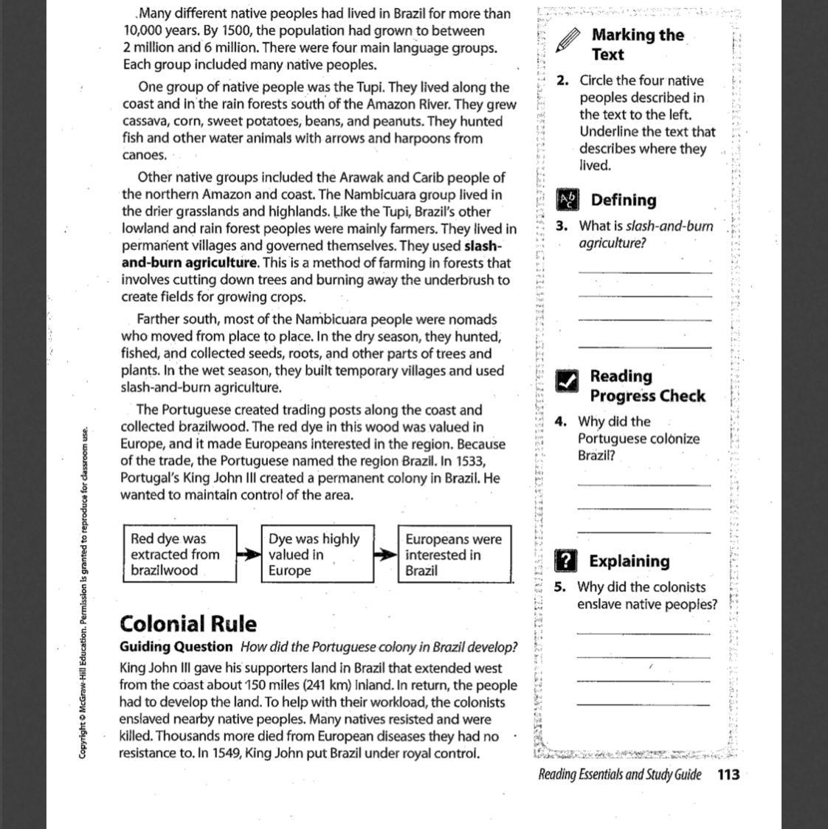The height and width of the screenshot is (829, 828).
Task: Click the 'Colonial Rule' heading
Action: click(x=188, y=624)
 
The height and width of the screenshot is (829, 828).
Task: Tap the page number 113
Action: click(x=728, y=774)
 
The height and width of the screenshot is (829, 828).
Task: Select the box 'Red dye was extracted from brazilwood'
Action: click(x=180, y=555)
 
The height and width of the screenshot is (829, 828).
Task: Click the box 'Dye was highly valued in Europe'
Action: click(x=317, y=555)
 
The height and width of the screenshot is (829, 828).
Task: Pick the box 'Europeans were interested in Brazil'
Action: click(x=455, y=555)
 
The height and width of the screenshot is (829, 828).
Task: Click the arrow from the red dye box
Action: click(x=249, y=555)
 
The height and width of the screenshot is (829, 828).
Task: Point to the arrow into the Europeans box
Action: click(x=386, y=555)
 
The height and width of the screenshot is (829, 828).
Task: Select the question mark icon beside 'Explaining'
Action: click(x=565, y=561)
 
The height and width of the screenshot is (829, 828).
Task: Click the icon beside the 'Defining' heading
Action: click(x=568, y=200)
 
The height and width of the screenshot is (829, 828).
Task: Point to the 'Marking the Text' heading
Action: click(x=638, y=44)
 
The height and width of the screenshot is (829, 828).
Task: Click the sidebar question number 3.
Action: click(x=562, y=226)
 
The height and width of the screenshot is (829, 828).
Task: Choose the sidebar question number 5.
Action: click(x=561, y=588)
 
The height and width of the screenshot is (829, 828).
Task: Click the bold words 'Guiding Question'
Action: click(x=176, y=647)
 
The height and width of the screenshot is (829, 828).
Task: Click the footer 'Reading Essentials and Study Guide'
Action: click(x=619, y=774)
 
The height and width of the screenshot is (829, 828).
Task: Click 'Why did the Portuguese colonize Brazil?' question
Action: click(x=638, y=439)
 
